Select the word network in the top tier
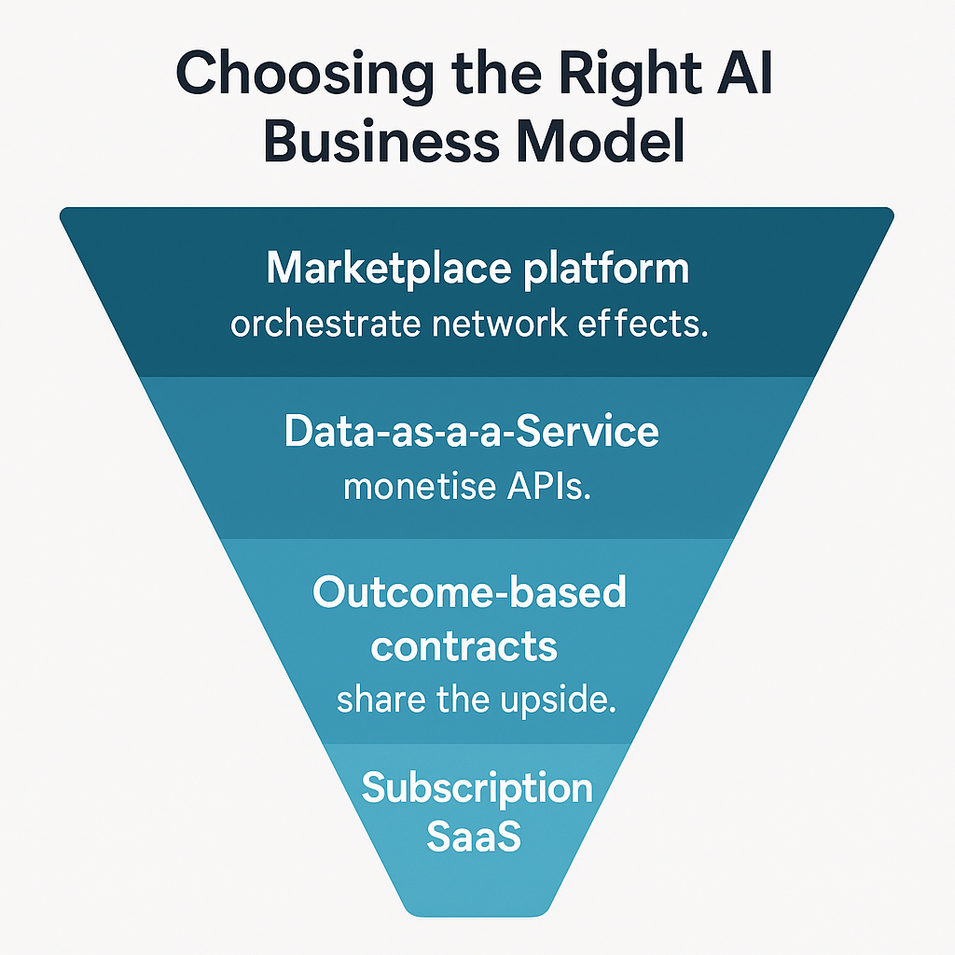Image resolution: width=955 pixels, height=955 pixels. click(x=489, y=325)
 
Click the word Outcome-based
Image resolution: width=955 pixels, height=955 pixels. click(x=469, y=592)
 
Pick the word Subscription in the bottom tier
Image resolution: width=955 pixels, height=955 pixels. click(x=477, y=789)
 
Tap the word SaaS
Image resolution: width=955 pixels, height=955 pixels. click(x=473, y=837)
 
